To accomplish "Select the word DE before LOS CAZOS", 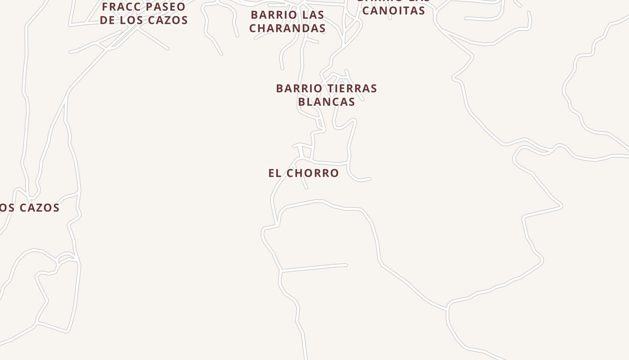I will pos(107,20).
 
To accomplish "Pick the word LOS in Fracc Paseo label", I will pos(130,20).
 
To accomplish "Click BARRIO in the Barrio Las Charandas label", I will pos(268,15).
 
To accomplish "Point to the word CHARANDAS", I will pos(288,28).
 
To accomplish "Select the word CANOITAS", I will pos(394,10).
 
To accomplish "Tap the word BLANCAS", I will pos(327,102).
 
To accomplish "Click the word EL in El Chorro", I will pos(274,173).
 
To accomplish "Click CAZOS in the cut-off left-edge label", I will pos(38,208).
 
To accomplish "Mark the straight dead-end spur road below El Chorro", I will pos(314,268).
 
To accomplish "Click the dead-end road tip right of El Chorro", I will pos(370,179).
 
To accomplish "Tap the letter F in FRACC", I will pos(105,7).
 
